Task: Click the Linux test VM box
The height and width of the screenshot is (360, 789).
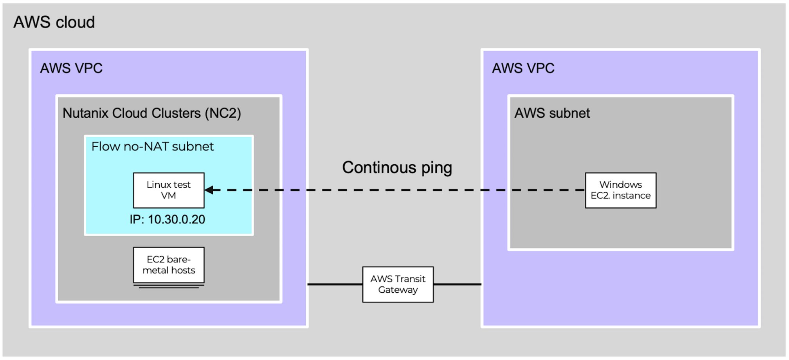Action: (x=169, y=190)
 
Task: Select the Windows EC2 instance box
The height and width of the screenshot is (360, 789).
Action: (x=621, y=190)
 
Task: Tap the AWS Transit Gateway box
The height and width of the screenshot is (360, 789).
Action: (x=398, y=284)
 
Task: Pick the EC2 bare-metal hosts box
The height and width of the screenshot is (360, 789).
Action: (x=169, y=265)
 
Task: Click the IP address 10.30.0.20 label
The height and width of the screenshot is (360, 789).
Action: (x=168, y=219)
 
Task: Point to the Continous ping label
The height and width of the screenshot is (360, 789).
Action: (x=397, y=167)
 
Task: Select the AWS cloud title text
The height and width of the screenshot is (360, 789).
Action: (x=54, y=22)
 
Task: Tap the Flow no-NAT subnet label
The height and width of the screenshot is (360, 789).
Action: (x=153, y=146)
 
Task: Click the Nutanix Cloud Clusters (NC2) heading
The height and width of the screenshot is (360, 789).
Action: (x=152, y=113)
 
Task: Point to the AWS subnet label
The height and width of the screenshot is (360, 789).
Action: (x=552, y=113)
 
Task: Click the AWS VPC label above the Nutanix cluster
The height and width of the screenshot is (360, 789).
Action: (x=71, y=68)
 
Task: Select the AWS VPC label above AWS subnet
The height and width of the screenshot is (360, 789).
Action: (x=523, y=68)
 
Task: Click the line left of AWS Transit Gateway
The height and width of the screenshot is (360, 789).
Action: (x=335, y=284)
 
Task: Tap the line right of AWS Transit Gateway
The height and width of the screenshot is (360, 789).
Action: (x=458, y=284)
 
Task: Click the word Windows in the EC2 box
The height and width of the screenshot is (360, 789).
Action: (x=621, y=184)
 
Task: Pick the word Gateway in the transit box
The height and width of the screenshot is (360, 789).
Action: (x=398, y=290)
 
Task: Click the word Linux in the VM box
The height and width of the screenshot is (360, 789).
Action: (x=157, y=184)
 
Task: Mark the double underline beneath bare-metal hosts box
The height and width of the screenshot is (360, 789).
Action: (x=169, y=286)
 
